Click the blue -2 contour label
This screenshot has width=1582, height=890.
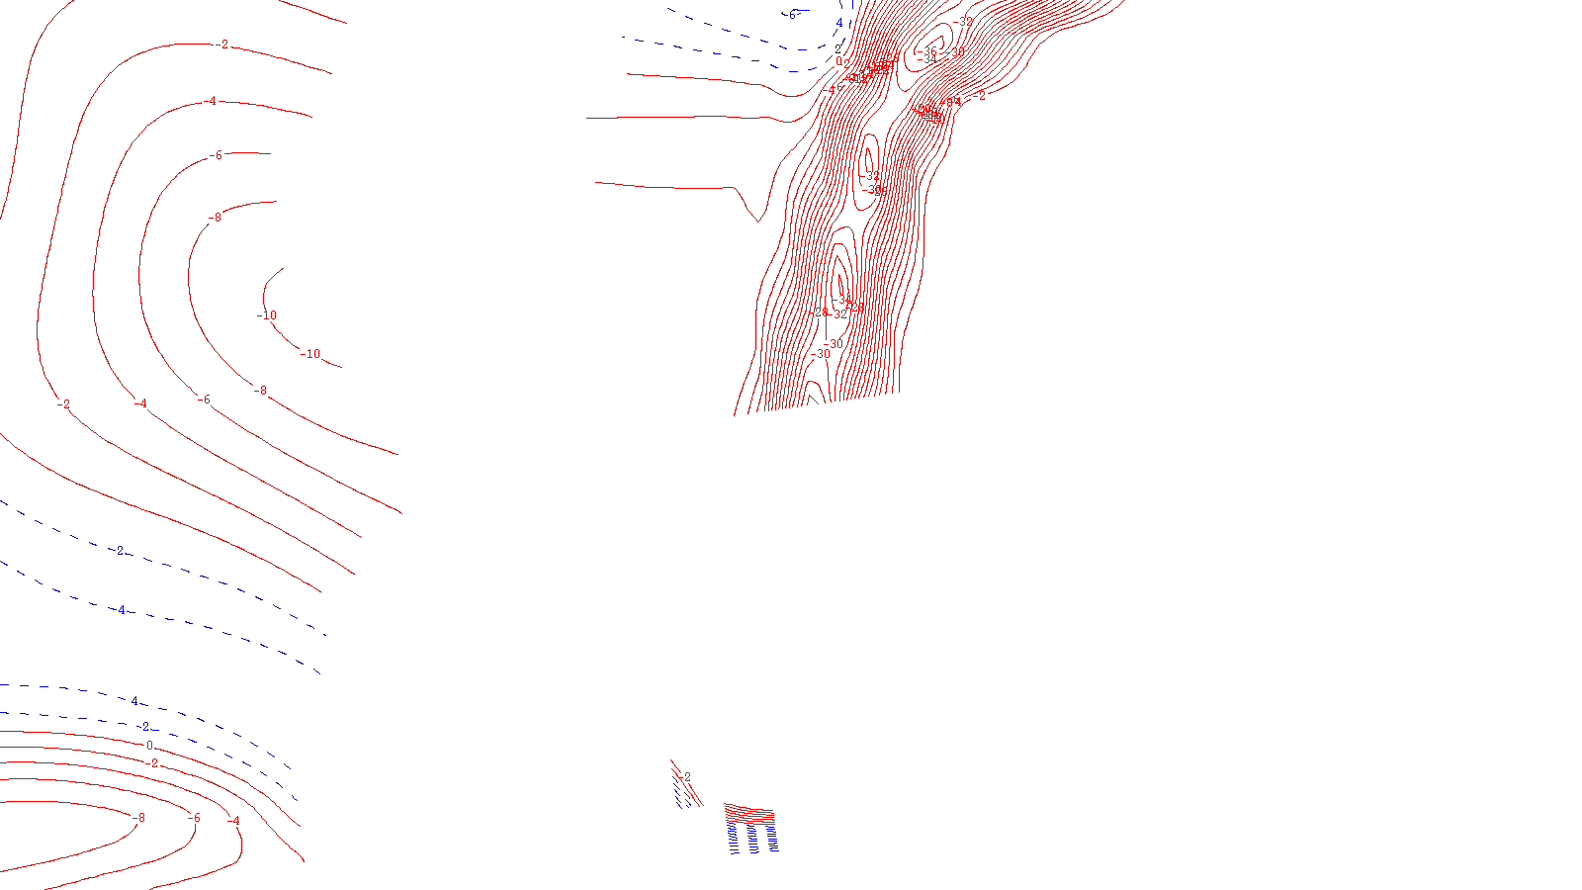click(x=119, y=551)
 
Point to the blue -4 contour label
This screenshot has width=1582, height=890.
click(x=121, y=610)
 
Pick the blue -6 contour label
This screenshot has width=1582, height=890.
click(x=791, y=14)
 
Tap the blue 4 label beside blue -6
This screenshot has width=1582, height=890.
click(x=839, y=23)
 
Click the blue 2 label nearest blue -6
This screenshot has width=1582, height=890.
click(x=853, y=6)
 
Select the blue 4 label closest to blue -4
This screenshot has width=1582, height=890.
click(x=134, y=702)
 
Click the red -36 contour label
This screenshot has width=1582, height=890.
click(x=929, y=52)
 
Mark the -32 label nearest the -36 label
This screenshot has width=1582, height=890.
click(x=965, y=21)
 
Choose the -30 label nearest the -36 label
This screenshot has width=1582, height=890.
click(x=957, y=52)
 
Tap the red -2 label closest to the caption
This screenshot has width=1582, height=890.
click(x=686, y=777)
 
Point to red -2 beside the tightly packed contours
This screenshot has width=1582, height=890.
click(x=980, y=96)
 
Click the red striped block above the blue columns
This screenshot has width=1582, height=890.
click(x=749, y=814)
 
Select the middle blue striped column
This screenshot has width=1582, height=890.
click(x=751, y=839)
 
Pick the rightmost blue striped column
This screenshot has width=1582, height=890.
click(x=770, y=839)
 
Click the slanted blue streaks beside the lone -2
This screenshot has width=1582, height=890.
click(x=682, y=791)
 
